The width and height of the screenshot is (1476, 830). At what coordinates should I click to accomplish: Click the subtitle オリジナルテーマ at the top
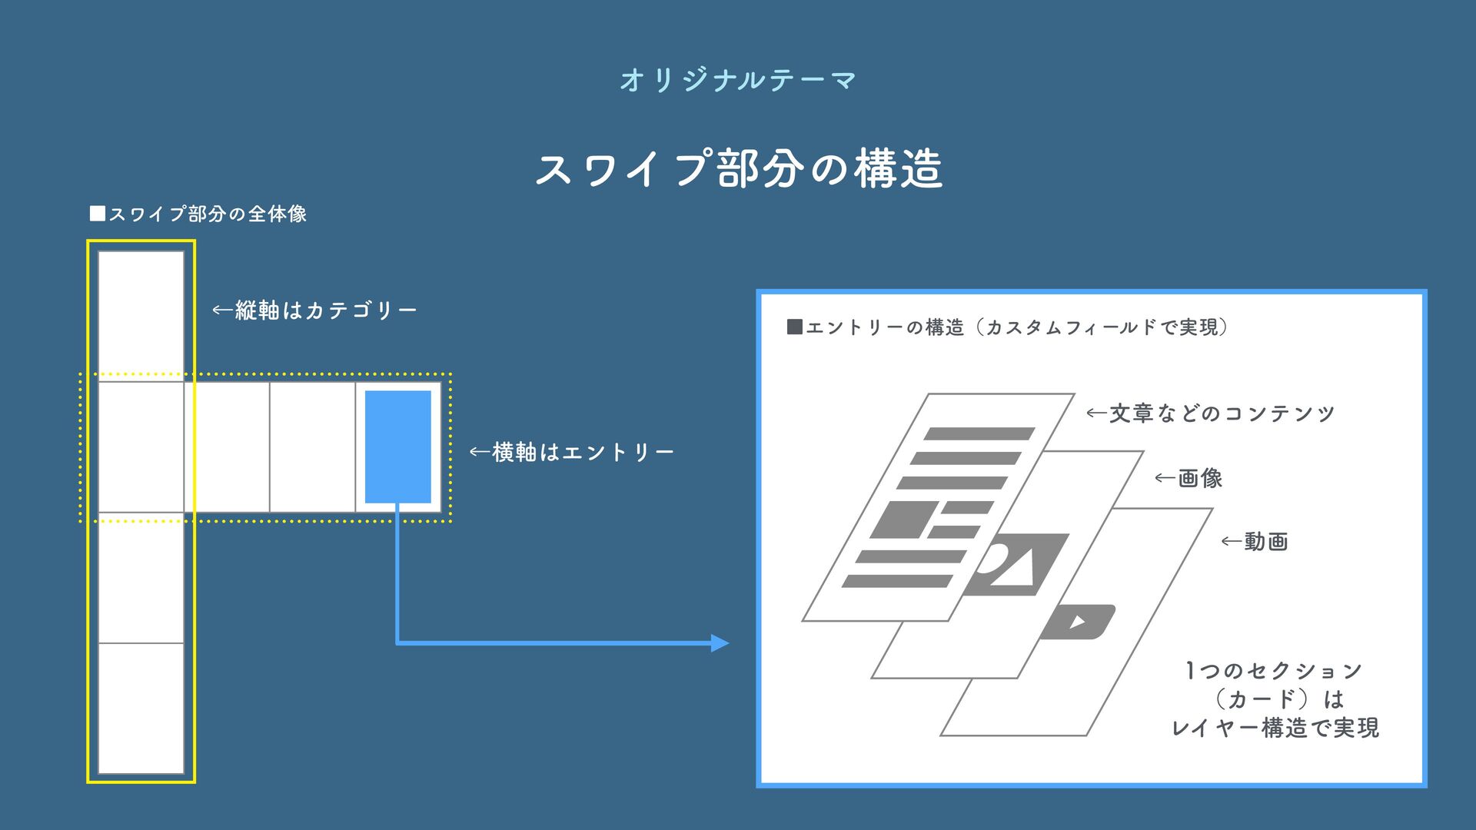[x=738, y=80]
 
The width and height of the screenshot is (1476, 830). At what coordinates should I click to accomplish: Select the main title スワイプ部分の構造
[x=738, y=168]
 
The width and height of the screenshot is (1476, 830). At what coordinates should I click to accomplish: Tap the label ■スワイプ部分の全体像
[x=198, y=214]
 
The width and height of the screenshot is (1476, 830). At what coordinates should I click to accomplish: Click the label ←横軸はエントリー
[x=572, y=452]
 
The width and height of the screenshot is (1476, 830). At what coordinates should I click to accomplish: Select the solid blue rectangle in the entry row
[x=397, y=447]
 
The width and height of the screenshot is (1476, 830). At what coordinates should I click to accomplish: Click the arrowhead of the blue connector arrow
[x=721, y=642]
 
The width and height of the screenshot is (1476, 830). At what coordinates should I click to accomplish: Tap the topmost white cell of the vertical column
[x=141, y=316]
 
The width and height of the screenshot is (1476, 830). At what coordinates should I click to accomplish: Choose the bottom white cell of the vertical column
[x=141, y=708]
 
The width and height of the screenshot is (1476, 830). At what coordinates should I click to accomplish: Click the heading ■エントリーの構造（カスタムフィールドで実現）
[x=1008, y=327]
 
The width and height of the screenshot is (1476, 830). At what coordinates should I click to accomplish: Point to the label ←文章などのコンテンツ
[x=1210, y=413]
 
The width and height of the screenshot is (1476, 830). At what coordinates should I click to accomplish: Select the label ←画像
[x=1188, y=478]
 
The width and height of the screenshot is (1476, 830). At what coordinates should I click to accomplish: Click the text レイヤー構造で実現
[x=1275, y=728]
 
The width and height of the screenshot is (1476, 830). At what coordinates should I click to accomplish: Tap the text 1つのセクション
[x=1274, y=671]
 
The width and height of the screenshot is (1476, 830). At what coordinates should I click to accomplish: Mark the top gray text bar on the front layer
[x=979, y=433]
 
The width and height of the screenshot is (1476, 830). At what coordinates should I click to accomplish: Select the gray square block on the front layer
[x=905, y=520]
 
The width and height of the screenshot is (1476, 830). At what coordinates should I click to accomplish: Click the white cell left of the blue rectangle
[x=312, y=447]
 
